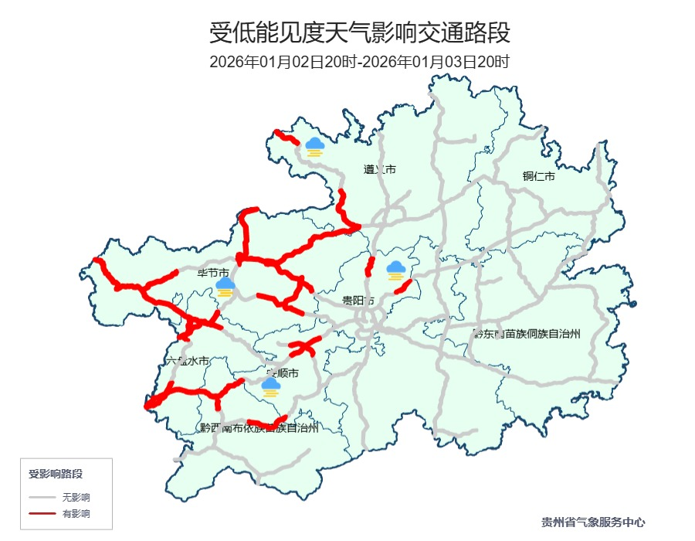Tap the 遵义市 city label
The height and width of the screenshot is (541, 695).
(x=380, y=169)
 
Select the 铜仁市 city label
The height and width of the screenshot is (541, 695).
(x=539, y=176)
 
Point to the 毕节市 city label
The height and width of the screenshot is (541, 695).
(x=213, y=273)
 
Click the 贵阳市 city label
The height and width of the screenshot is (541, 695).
(x=358, y=300)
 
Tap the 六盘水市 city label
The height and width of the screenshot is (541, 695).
(x=188, y=361)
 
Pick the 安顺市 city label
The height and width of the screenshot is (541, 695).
(x=282, y=373)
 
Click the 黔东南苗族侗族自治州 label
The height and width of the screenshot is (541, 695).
(x=527, y=333)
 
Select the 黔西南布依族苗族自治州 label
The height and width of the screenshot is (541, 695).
(x=259, y=427)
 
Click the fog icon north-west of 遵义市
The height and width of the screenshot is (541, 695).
(x=314, y=146)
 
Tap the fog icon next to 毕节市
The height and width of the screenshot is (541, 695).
(x=225, y=288)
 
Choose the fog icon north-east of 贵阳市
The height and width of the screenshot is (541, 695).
(x=396, y=270)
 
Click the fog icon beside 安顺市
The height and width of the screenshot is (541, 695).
(x=270, y=386)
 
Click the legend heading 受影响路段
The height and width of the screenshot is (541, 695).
(x=56, y=474)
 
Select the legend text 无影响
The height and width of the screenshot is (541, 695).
(x=76, y=497)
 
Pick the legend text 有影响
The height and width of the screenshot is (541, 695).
(x=76, y=513)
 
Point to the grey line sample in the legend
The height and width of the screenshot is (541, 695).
(x=42, y=497)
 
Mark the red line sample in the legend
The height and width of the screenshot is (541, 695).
(x=42, y=513)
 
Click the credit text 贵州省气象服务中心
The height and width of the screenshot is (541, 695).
(x=593, y=522)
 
